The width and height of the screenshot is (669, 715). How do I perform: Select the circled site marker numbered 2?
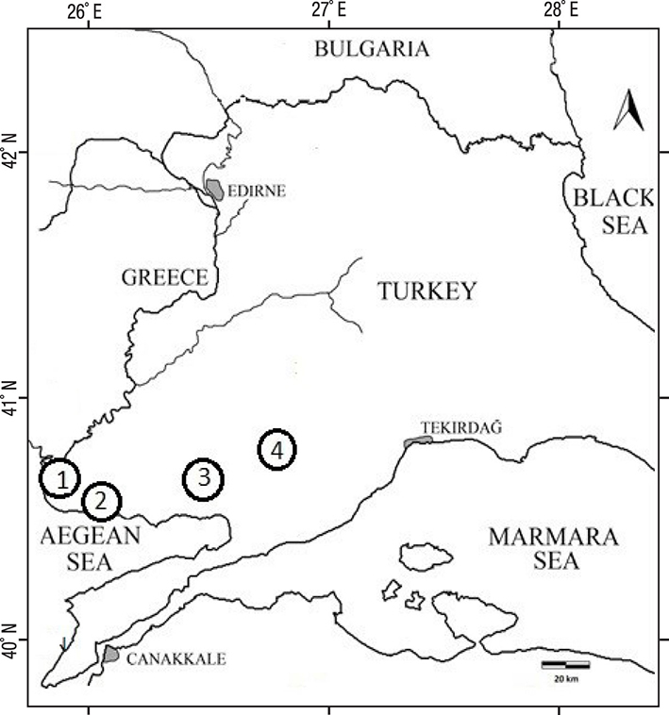tap(102, 502)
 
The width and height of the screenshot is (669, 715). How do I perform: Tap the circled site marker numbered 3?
tap(203, 479)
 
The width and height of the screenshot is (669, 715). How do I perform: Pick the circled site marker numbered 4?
tap(276, 451)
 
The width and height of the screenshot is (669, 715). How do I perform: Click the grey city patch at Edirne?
tap(215, 190)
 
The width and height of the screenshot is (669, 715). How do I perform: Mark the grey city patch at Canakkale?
tap(110, 654)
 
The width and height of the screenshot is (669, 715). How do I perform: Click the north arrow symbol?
tap(628, 112)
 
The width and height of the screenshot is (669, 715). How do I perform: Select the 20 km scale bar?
tap(565, 665)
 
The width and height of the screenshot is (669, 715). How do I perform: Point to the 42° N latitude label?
tap(11, 154)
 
